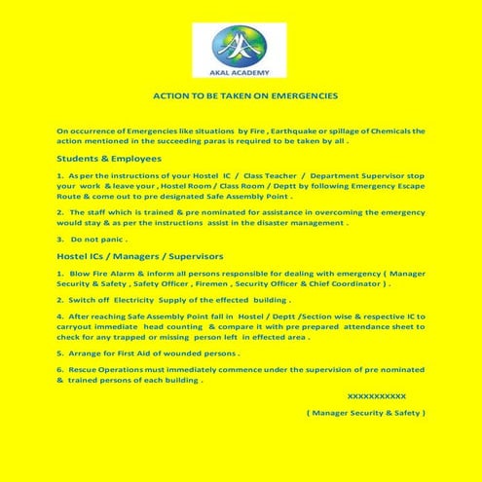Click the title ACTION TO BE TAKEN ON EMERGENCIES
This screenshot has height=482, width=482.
pyautogui.click(x=245, y=96)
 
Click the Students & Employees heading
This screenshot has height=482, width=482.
pyautogui.click(x=109, y=158)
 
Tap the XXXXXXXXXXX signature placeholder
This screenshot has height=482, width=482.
pyautogui.click(x=376, y=397)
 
